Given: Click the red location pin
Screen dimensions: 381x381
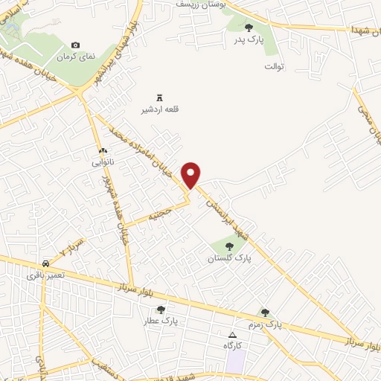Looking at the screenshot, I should [192, 173].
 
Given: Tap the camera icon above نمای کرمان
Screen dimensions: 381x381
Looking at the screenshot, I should [74, 45].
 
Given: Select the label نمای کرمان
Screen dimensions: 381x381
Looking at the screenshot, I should [74, 57].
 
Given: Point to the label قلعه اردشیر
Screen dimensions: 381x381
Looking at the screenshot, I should [160, 110].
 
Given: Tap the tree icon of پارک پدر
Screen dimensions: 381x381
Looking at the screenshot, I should [249, 28].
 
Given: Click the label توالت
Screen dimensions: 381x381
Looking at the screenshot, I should [274, 67].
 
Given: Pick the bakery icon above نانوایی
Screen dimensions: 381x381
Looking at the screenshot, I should [103, 151].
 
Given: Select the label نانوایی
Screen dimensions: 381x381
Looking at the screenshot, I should [103, 161].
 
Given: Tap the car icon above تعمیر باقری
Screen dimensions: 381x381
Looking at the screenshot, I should [46, 264].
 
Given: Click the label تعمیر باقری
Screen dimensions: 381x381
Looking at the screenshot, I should [46, 275].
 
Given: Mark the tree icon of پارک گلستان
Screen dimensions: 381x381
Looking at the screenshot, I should [229, 246].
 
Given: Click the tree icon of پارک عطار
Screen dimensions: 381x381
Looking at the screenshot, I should [161, 310].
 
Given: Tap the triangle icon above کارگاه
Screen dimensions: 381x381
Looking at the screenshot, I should [233, 335].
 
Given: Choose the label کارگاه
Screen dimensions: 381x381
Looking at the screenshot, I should [233, 346].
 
